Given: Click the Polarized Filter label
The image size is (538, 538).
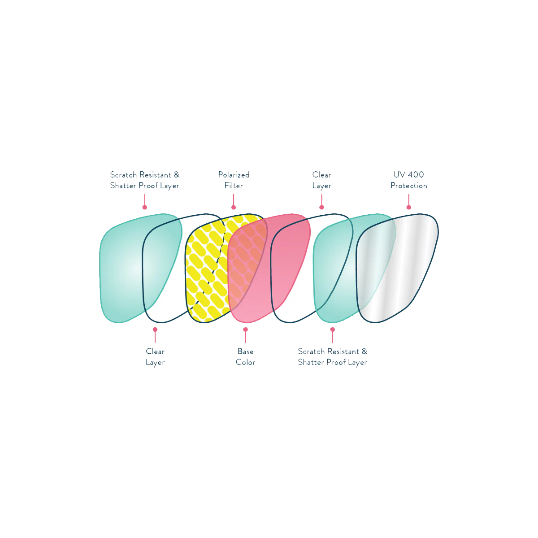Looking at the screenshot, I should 234,180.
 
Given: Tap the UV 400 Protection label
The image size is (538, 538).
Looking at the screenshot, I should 408,180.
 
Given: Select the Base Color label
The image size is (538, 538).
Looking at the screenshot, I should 245,357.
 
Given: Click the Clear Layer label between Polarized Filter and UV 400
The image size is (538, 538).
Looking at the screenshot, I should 322,180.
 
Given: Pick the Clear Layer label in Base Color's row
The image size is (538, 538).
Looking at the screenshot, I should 155,357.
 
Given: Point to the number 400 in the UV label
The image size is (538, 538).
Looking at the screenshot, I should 416,175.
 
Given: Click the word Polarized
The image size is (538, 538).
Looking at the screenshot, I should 234,175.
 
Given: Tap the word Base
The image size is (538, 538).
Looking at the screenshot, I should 245,351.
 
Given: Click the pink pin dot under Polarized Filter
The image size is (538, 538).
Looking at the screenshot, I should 234,207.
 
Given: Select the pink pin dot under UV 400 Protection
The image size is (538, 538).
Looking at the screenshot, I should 408,207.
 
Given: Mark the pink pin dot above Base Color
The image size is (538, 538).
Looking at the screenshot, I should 245,329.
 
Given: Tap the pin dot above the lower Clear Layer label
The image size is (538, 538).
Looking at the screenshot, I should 155,329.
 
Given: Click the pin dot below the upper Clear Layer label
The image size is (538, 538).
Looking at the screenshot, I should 321,207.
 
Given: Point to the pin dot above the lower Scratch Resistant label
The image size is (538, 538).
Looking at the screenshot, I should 333,329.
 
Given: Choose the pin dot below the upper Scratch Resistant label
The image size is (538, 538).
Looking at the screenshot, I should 144,207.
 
